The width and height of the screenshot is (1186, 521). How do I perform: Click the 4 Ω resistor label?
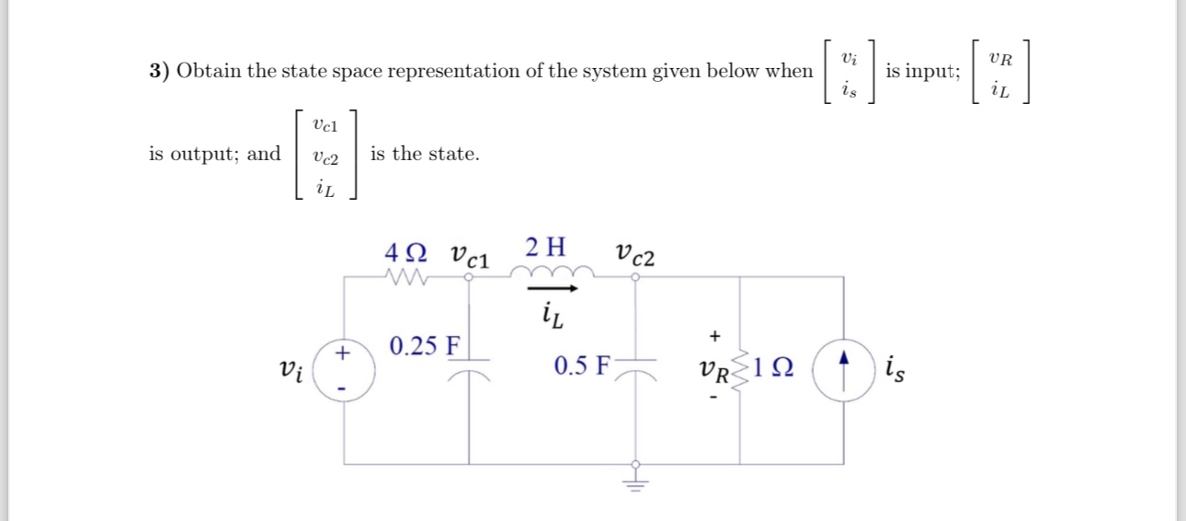pos(408,250)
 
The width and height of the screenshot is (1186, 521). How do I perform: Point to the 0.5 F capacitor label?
pos(581,366)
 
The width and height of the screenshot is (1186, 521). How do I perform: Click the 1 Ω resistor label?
pos(774,369)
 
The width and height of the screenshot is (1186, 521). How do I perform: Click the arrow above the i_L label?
pos(553,289)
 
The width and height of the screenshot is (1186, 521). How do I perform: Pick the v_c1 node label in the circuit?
pos(470,256)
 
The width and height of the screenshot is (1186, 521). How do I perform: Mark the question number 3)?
pos(160,71)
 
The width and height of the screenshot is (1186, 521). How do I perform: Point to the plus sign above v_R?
pos(714,336)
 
